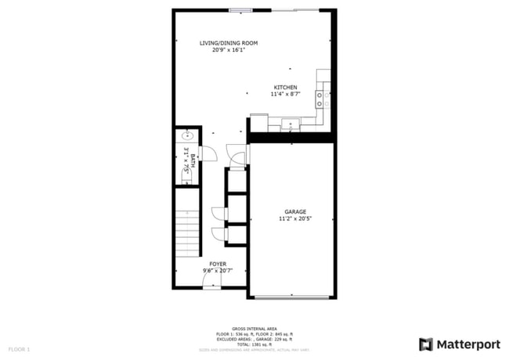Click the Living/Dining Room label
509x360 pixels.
(x=229, y=43)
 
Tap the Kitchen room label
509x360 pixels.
(x=285, y=87)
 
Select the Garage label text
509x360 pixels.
(x=294, y=211)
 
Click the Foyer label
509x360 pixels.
(x=218, y=264)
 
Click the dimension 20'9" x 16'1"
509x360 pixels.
(x=229, y=51)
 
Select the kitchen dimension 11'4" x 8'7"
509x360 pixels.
(x=285, y=95)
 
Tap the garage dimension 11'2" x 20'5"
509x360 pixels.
(x=294, y=219)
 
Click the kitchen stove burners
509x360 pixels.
(x=319, y=99)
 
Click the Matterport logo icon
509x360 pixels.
(x=426, y=344)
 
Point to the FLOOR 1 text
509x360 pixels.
(x=19, y=348)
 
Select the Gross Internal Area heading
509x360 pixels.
(x=254, y=329)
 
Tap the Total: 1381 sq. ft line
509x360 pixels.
(x=254, y=344)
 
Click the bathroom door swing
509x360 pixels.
(x=208, y=153)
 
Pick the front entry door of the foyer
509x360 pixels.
(x=211, y=282)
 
